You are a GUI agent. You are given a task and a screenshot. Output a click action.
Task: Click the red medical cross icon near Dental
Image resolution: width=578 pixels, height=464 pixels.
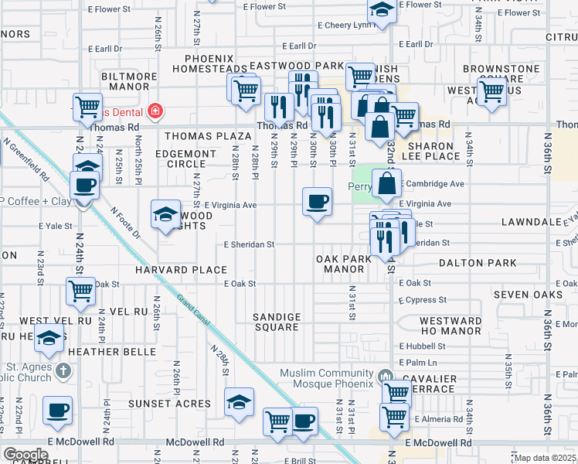[156, 111]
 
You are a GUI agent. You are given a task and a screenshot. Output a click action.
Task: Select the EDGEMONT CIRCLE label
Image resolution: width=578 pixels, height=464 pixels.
[186, 159]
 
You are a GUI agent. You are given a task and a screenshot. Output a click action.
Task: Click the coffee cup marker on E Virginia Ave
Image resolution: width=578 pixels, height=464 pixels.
[316, 203]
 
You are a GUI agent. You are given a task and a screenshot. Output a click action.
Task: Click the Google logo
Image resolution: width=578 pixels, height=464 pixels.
[25, 455]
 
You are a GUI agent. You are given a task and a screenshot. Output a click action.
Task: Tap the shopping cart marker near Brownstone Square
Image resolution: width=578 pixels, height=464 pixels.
[491, 91]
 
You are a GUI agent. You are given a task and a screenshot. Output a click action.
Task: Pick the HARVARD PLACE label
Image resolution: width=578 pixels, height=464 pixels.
[181, 270]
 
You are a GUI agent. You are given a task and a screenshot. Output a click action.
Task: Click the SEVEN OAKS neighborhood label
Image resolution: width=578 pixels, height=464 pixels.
[528, 295]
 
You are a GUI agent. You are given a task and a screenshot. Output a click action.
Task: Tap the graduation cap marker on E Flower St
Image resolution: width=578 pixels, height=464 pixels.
[381, 11]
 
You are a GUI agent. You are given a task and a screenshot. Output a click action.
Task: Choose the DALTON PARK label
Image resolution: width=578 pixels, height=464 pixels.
[478, 264]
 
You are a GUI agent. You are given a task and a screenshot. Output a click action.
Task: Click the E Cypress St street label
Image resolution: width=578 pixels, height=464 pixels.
[423, 299]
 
